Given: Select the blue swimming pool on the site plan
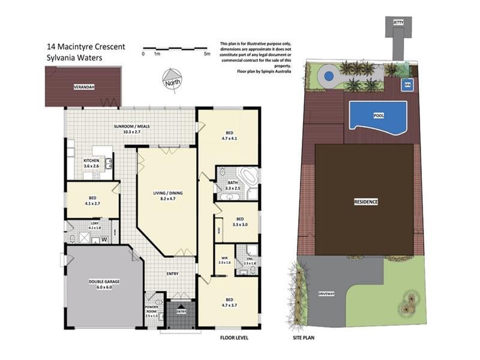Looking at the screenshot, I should coord(377,116).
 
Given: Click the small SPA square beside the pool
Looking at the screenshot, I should coord(408,85).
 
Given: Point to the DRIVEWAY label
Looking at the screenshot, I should coord(326,294).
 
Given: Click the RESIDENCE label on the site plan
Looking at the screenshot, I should coord(365,202).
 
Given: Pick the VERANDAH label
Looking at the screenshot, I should coord(83,86).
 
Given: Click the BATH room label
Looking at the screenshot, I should coord(232,185).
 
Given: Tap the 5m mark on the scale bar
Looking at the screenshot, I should coord(208,54).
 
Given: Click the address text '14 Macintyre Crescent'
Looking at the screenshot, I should coord(86,46).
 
